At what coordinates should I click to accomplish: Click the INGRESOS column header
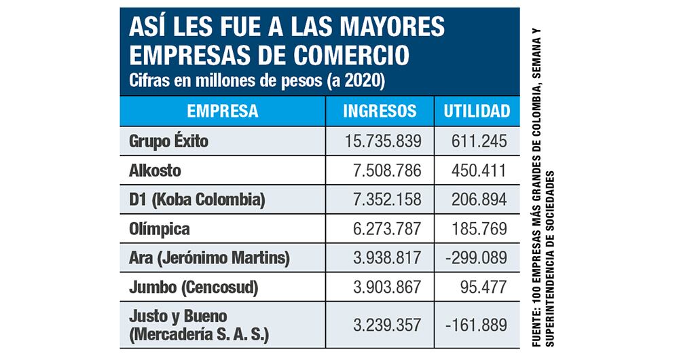point(380,110)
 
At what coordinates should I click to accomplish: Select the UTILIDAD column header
point(476,110)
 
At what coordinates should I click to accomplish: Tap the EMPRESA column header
point(222,110)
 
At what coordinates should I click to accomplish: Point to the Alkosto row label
point(155,170)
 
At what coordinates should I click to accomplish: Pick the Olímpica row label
point(160,229)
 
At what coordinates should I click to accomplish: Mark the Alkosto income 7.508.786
point(387,170)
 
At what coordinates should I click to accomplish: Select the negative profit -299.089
point(475,258)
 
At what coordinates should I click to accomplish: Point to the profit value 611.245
point(479,142)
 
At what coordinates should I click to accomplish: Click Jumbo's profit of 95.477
point(483,287)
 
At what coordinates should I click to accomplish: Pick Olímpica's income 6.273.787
point(387,229)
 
